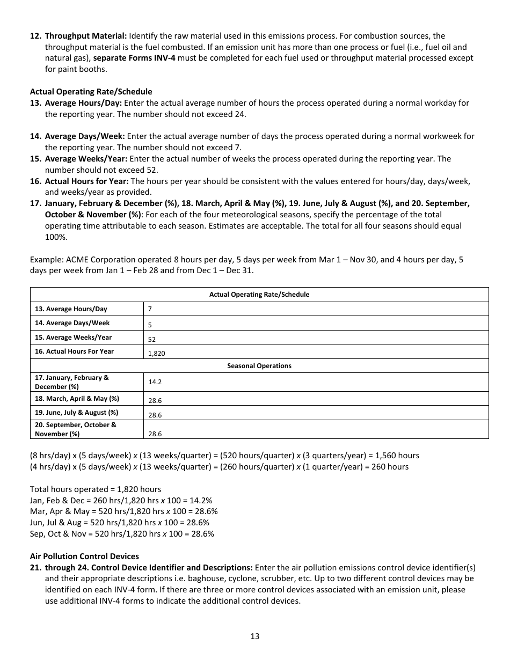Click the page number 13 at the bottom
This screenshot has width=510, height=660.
tap(254, 636)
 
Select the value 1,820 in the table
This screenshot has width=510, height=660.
tap(157, 354)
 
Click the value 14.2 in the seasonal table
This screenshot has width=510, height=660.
tap(155, 382)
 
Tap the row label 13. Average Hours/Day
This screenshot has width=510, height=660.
tap(71, 309)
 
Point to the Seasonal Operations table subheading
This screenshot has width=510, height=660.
tap(259, 366)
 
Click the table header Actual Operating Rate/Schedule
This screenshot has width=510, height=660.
tap(259, 295)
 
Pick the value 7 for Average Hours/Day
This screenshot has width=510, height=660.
tap(150, 310)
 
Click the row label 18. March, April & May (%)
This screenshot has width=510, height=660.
tap(77, 399)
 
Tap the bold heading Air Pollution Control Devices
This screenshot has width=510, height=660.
tap(84, 556)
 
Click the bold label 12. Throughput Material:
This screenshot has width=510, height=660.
tap(78, 36)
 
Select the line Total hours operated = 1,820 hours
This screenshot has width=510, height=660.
tap(96, 489)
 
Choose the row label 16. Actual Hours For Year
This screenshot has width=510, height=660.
tap(74, 351)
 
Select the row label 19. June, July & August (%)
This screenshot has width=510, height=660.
tap(76, 413)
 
